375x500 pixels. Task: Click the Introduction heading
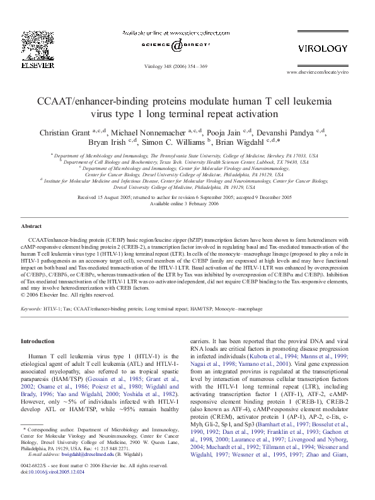tap(38, 341)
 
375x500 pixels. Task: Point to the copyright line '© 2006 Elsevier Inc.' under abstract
tap(59, 294)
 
